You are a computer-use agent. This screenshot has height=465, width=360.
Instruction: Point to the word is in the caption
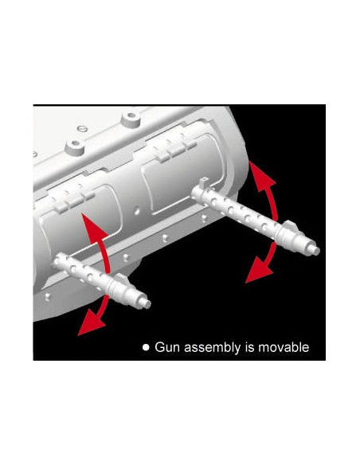pyautogui.click(x=249, y=347)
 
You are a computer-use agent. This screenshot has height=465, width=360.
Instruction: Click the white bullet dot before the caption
pyautogui.click(x=146, y=347)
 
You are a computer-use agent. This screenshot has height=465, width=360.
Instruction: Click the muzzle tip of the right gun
pyautogui.click(x=317, y=251)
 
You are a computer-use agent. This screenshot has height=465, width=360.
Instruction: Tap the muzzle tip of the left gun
pyautogui.click(x=147, y=303)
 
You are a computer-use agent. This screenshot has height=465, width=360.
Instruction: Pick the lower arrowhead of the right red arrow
pyautogui.click(x=259, y=272)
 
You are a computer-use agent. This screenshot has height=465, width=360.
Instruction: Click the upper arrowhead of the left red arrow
pyautogui.click(x=93, y=227)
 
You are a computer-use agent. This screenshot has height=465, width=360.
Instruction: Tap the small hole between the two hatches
pyautogui.click(x=137, y=212)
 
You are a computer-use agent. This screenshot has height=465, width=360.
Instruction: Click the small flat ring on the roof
pyautogui.click(x=82, y=129)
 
